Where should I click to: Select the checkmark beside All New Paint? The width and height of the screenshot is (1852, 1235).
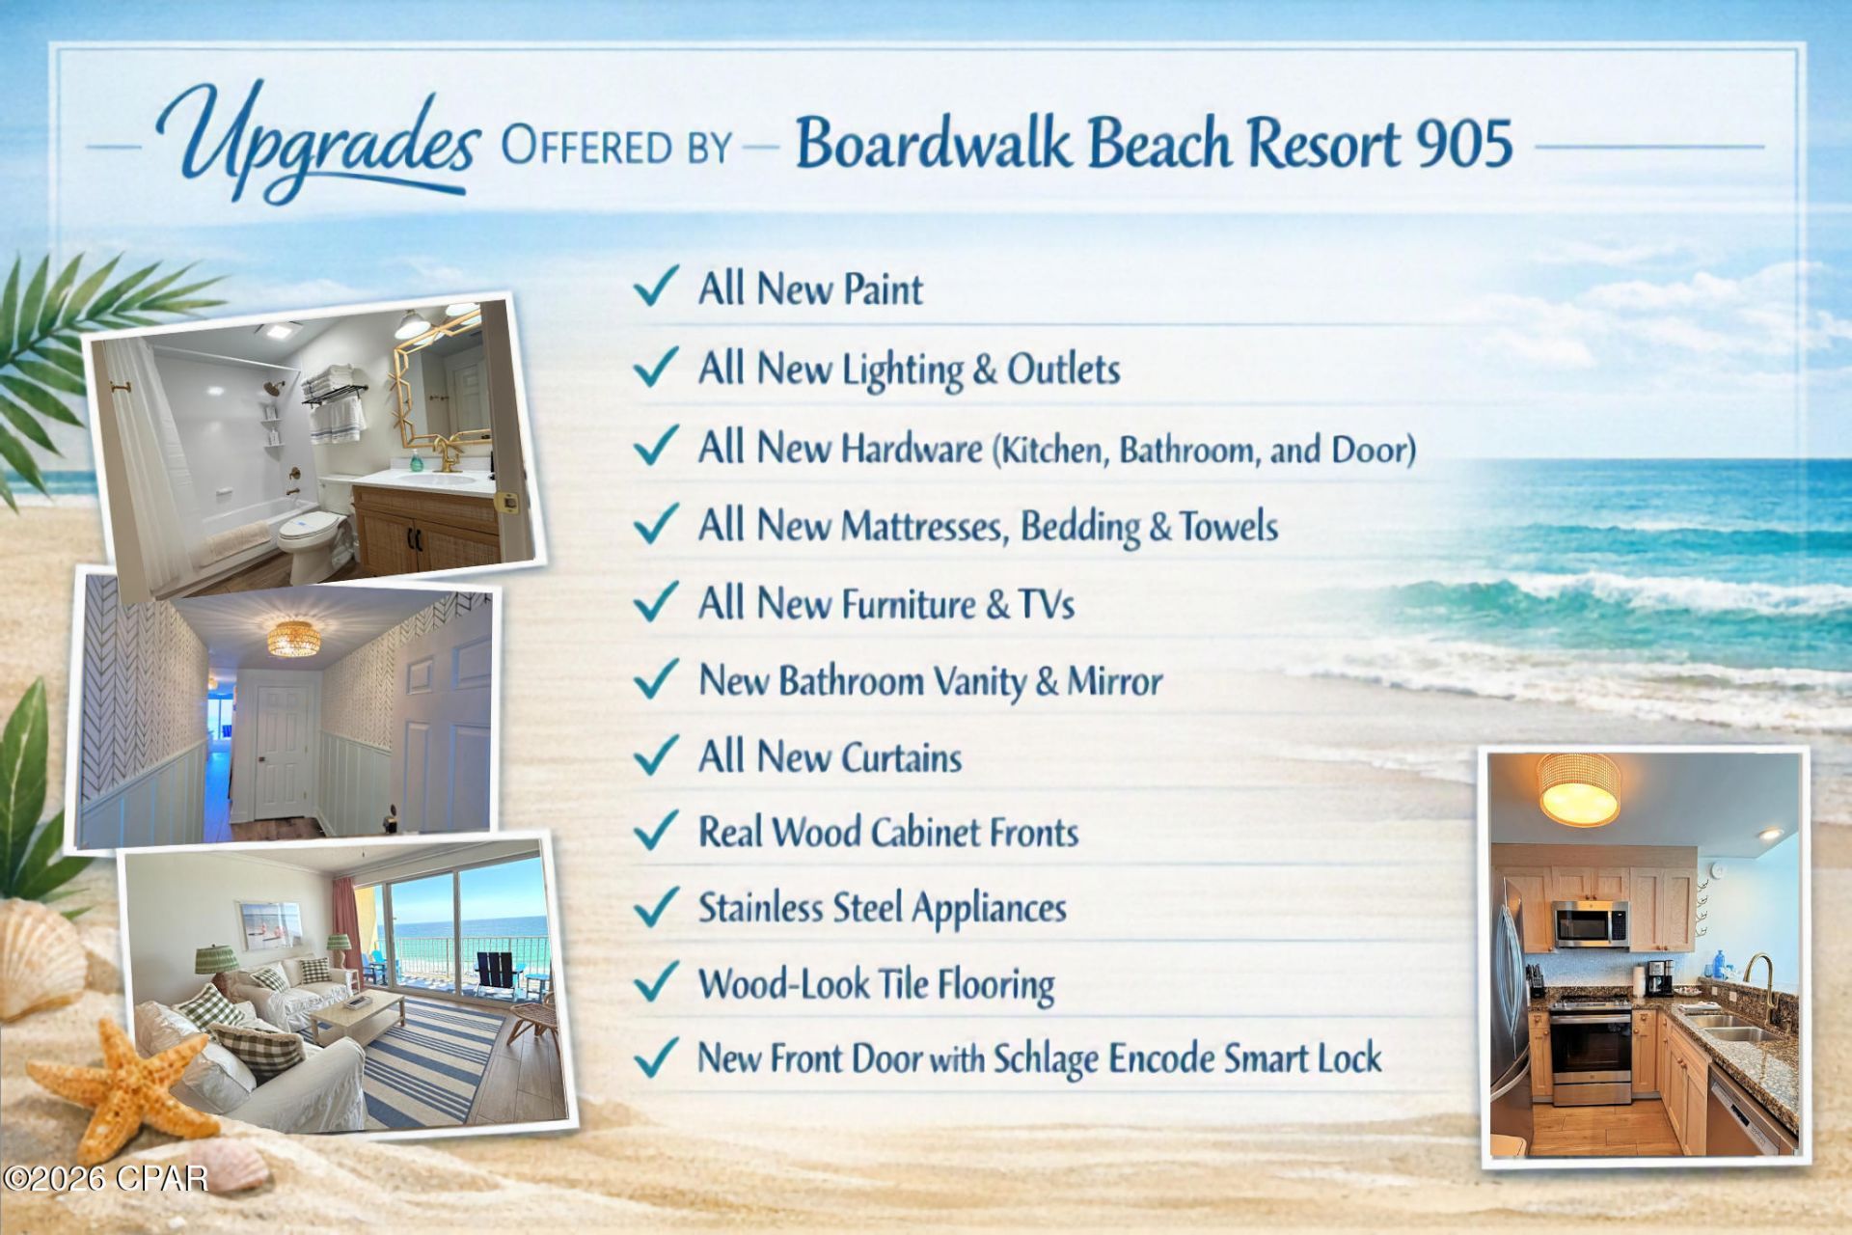click(656, 287)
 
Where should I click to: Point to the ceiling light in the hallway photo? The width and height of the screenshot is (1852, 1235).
click(292, 638)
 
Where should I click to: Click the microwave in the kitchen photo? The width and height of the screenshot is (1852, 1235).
click(1591, 923)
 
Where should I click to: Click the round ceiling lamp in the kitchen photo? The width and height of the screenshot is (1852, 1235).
click(1579, 789)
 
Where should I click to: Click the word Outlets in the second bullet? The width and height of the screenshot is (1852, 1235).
click(1063, 369)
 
